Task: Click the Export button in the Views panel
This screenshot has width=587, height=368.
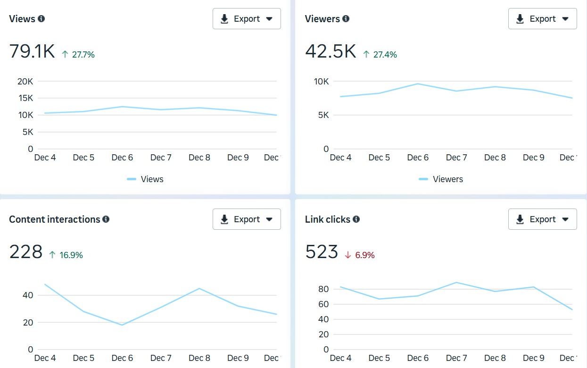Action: tap(247, 19)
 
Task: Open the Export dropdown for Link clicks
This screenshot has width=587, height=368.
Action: tap(542, 219)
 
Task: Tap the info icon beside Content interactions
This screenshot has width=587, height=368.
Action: tap(106, 219)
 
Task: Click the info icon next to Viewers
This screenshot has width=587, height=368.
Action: tap(346, 19)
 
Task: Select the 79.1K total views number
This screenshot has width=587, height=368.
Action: tap(32, 51)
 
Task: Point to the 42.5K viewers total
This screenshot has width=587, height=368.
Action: tap(330, 51)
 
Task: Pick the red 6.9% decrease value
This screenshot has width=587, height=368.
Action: tap(364, 255)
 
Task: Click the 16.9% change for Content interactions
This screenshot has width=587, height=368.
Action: tap(71, 255)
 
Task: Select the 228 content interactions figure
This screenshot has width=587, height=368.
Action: tap(26, 252)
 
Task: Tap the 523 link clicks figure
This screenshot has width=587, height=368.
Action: tap(322, 252)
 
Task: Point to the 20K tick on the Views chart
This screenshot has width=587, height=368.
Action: tap(25, 81)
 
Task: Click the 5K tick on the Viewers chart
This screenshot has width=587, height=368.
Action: tap(322, 115)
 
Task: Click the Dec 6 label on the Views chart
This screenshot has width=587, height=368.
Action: tap(122, 158)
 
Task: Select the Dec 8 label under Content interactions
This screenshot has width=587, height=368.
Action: tap(199, 358)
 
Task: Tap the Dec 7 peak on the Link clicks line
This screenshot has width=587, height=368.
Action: tap(456, 283)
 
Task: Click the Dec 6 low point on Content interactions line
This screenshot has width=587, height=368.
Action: tap(122, 325)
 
